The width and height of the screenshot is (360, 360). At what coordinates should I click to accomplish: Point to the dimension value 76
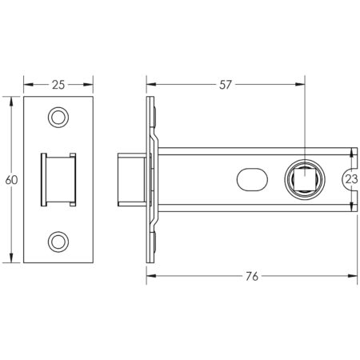(251, 277)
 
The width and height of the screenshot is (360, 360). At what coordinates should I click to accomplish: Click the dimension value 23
(350, 180)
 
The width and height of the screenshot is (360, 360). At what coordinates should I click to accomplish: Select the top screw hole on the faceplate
(58, 118)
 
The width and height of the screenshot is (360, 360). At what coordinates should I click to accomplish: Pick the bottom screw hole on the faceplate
(58, 241)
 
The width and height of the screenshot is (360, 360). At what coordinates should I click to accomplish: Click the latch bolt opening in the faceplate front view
(58, 180)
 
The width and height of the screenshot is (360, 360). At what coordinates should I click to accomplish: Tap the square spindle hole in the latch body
(306, 180)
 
